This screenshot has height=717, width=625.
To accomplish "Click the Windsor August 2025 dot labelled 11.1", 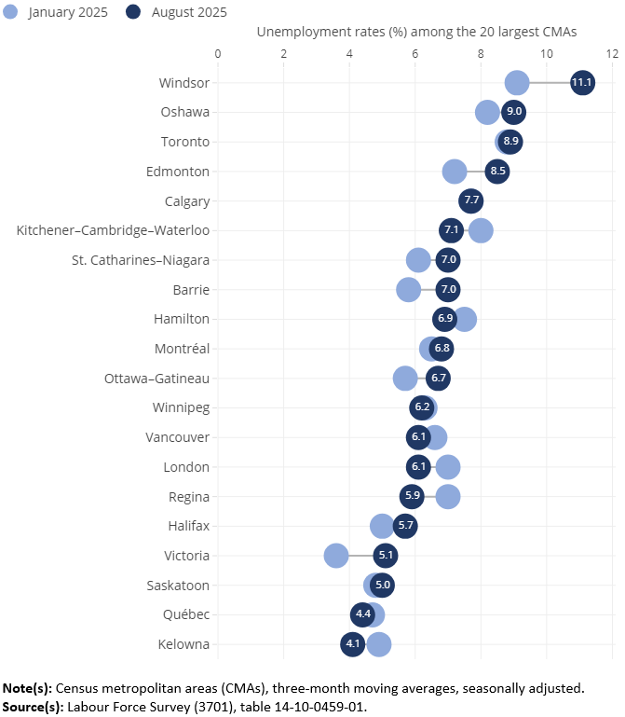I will (x=582, y=83).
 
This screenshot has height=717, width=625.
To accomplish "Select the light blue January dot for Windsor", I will (x=516, y=83).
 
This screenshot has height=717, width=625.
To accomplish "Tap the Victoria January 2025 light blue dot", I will (x=336, y=556).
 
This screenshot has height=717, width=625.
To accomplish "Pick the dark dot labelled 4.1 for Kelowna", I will (x=353, y=644).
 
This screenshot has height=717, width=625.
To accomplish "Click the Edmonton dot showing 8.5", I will (x=497, y=172).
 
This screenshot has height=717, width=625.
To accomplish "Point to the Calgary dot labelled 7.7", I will (x=471, y=201).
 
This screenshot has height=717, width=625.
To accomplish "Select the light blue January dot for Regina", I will (x=448, y=496).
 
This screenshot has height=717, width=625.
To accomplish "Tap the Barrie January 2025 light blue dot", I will (x=409, y=290).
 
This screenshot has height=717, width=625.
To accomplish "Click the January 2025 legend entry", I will (x=57, y=12).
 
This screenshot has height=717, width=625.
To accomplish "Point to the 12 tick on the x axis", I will (x=612, y=52).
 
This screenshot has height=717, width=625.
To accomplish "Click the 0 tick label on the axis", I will (x=218, y=52).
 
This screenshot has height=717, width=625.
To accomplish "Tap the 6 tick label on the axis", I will (x=415, y=52).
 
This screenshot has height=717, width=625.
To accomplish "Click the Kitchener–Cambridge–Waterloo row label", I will (x=113, y=230).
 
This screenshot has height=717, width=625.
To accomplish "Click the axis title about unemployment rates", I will (x=416, y=32).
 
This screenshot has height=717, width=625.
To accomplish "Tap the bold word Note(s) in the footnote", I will (x=27, y=688).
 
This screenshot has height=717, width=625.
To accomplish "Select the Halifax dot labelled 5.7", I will (x=405, y=526).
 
